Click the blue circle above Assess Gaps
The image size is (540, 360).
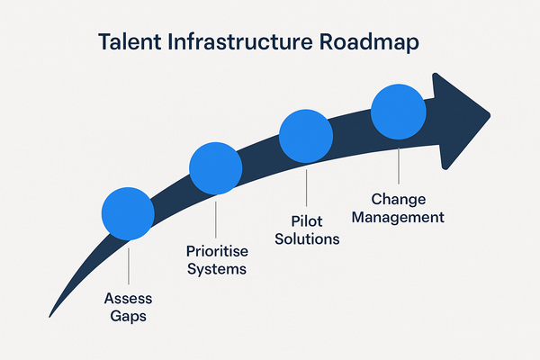(x=128, y=213)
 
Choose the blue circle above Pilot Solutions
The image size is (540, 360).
(x=306, y=135)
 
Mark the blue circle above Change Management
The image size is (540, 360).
(x=398, y=112)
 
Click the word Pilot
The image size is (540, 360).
(x=307, y=221)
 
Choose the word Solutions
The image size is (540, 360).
(x=307, y=239)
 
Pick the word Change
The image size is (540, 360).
(x=399, y=199)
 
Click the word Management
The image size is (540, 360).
(x=399, y=217)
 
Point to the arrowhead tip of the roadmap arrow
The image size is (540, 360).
(x=489, y=114)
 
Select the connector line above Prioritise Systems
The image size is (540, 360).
(x=216, y=218)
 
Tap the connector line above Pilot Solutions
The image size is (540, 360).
(x=306, y=187)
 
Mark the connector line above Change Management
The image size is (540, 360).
(x=398, y=164)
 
